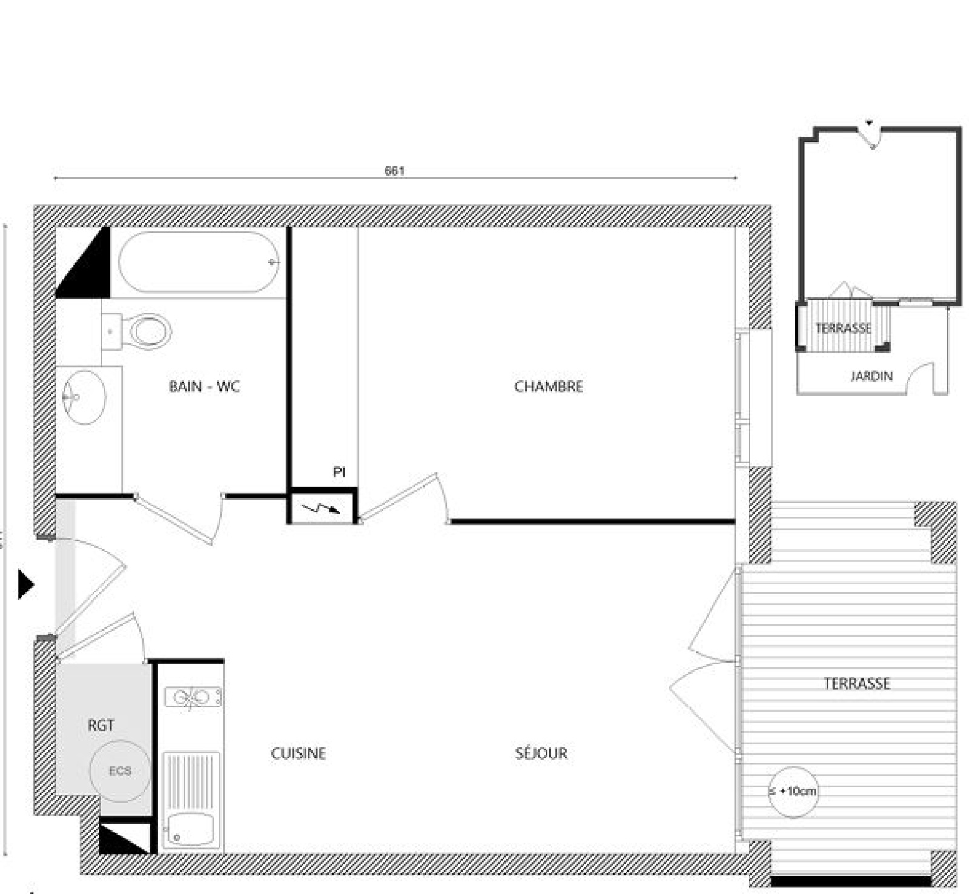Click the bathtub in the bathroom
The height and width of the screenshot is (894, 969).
tap(199, 262)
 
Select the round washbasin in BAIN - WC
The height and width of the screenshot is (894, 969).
tap(84, 397)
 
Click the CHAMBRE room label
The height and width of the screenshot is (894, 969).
tap(549, 386)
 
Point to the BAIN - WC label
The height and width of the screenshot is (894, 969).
tap(204, 386)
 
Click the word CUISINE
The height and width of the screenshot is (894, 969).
tap(298, 753)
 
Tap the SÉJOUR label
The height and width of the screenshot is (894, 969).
tap(541, 753)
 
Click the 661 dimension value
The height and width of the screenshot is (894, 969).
tap(394, 171)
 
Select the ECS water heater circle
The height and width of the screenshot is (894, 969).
tap(120, 771)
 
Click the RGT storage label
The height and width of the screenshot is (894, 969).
tap(101, 725)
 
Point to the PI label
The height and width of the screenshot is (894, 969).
tap(339, 472)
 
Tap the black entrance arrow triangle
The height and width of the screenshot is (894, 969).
tap(25, 584)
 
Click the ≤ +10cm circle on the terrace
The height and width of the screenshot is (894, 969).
tap(793, 791)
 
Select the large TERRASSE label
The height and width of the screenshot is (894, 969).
tap(857, 684)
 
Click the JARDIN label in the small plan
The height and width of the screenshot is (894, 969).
tap(871, 376)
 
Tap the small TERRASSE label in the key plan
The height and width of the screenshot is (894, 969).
tap(843, 328)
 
